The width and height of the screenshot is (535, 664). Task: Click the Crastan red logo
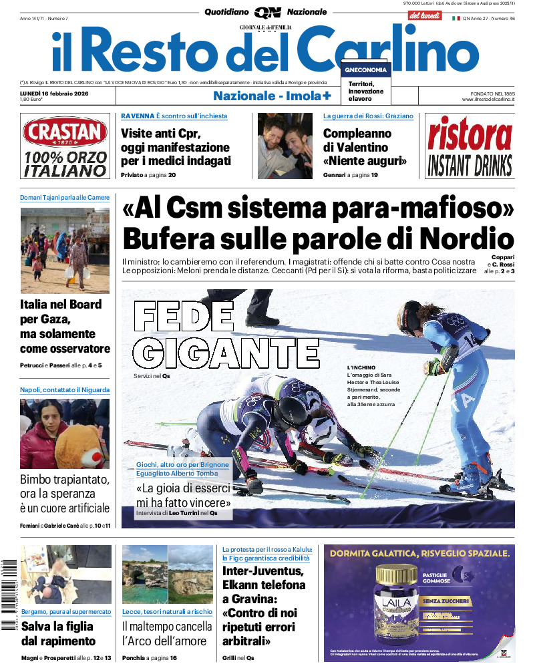pyautogui.click(x=64, y=132)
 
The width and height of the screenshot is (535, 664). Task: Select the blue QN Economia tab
pyautogui.click(x=365, y=70)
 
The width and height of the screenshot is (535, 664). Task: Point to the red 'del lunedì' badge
pyautogui.click(x=424, y=15)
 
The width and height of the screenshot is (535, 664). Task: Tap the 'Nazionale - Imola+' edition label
pyautogui.click(x=272, y=96)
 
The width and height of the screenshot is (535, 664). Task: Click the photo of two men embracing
pyautogui.click(x=285, y=145)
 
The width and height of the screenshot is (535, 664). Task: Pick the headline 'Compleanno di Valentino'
pyautogui.click(x=365, y=147)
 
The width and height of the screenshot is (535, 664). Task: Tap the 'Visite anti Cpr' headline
pyautogui.click(x=176, y=147)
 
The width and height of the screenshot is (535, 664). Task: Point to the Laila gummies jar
pyautogui.click(x=397, y=607)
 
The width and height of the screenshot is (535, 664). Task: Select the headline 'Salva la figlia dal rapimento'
pyautogui.click(x=58, y=633)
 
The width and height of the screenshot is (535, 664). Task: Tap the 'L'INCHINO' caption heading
pyautogui.click(x=361, y=368)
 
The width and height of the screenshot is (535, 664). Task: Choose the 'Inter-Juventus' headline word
pyautogui.click(x=262, y=571)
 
